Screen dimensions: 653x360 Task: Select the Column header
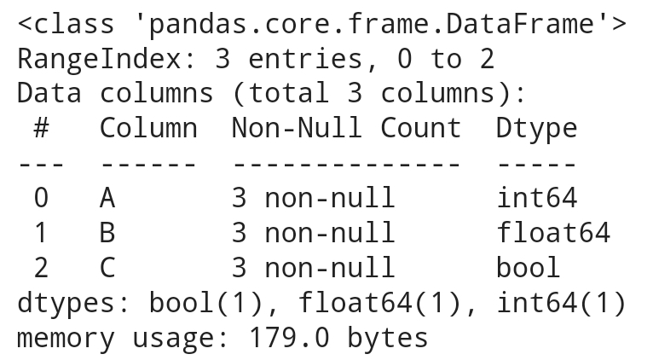click(x=148, y=128)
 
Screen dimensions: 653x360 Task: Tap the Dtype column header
click(x=536, y=128)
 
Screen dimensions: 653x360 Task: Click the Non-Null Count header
click(x=346, y=128)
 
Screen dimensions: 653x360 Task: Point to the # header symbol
click(x=41, y=128)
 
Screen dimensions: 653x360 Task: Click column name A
click(x=107, y=198)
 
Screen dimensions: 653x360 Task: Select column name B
click(x=107, y=233)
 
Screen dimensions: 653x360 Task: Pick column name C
click(x=107, y=268)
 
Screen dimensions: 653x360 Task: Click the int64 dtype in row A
click(x=536, y=198)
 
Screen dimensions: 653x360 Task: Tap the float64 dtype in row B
click(x=553, y=233)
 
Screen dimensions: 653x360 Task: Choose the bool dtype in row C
click(x=529, y=268)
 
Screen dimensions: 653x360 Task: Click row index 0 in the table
click(x=41, y=198)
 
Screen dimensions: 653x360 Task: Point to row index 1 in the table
click(x=41, y=233)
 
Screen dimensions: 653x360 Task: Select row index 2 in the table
click(x=41, y=268)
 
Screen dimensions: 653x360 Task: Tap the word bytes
click(x=387, y=338)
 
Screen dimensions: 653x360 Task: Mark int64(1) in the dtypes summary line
click(x=561, y=303)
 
